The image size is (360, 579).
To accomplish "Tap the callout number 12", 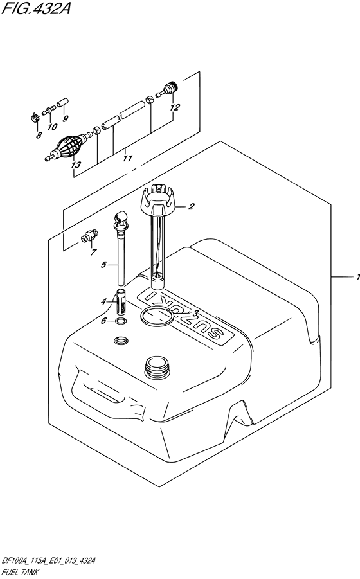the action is click(175, 107).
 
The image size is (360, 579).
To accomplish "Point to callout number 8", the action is click(39, 136).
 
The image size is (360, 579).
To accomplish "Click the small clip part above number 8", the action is click(35, 118).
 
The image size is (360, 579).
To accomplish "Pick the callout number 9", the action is click(66, 118).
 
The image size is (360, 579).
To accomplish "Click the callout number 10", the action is click(53, 127).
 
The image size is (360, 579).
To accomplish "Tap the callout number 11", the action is click(127, 159).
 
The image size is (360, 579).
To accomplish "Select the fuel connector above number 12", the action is click(168, 89).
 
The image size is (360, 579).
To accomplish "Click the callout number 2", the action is click(191, 206).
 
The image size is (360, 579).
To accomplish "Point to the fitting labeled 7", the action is click(90, 236).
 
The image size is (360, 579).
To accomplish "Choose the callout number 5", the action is click(104, 264).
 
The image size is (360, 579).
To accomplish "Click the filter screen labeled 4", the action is click(122, 300).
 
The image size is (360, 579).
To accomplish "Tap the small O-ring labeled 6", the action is click(120, 321).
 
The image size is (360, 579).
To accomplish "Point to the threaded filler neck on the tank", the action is click(157, 366).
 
